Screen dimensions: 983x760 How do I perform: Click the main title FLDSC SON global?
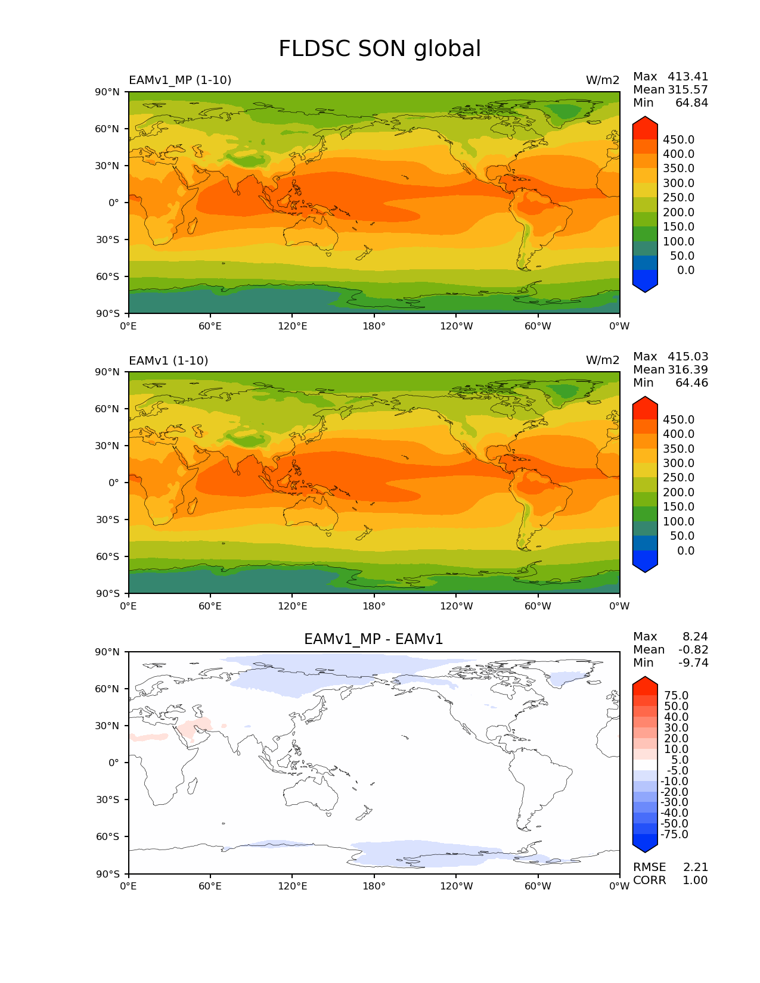380,49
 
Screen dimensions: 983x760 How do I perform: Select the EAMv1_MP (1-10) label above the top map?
180,80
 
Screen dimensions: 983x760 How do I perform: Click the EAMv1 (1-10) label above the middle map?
169,360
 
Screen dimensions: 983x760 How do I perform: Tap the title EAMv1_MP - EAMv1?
374,639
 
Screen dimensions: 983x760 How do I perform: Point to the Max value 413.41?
688,76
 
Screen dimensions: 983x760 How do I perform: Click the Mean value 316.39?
688,369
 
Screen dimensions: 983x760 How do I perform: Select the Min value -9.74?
695,662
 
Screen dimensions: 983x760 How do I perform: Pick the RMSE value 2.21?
695,867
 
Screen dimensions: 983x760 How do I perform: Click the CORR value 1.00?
695,880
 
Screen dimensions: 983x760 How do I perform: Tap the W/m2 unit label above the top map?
603,80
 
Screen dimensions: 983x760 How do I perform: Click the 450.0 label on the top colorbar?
678,139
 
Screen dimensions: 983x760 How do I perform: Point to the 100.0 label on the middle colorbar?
678,521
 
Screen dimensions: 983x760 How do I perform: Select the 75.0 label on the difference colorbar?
676,695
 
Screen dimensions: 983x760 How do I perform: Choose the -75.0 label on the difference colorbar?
674,834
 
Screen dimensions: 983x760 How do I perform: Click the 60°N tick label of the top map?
107,129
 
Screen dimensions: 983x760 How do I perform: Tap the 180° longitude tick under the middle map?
374,606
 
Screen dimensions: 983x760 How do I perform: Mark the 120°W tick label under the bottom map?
457,886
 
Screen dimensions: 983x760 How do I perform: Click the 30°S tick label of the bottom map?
108,800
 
